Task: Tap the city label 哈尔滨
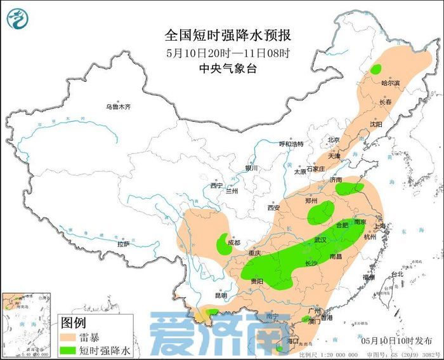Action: pos(390,83)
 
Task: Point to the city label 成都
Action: pos(234,242)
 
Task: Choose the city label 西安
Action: pos(273,208)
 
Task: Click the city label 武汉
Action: pos(320,240)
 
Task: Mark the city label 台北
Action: pos(396,274)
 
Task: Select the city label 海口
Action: pos(292,341)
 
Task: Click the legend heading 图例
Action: pos(72,322)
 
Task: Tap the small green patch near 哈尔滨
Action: pos(376,69)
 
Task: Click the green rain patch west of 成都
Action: pos(224,244)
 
